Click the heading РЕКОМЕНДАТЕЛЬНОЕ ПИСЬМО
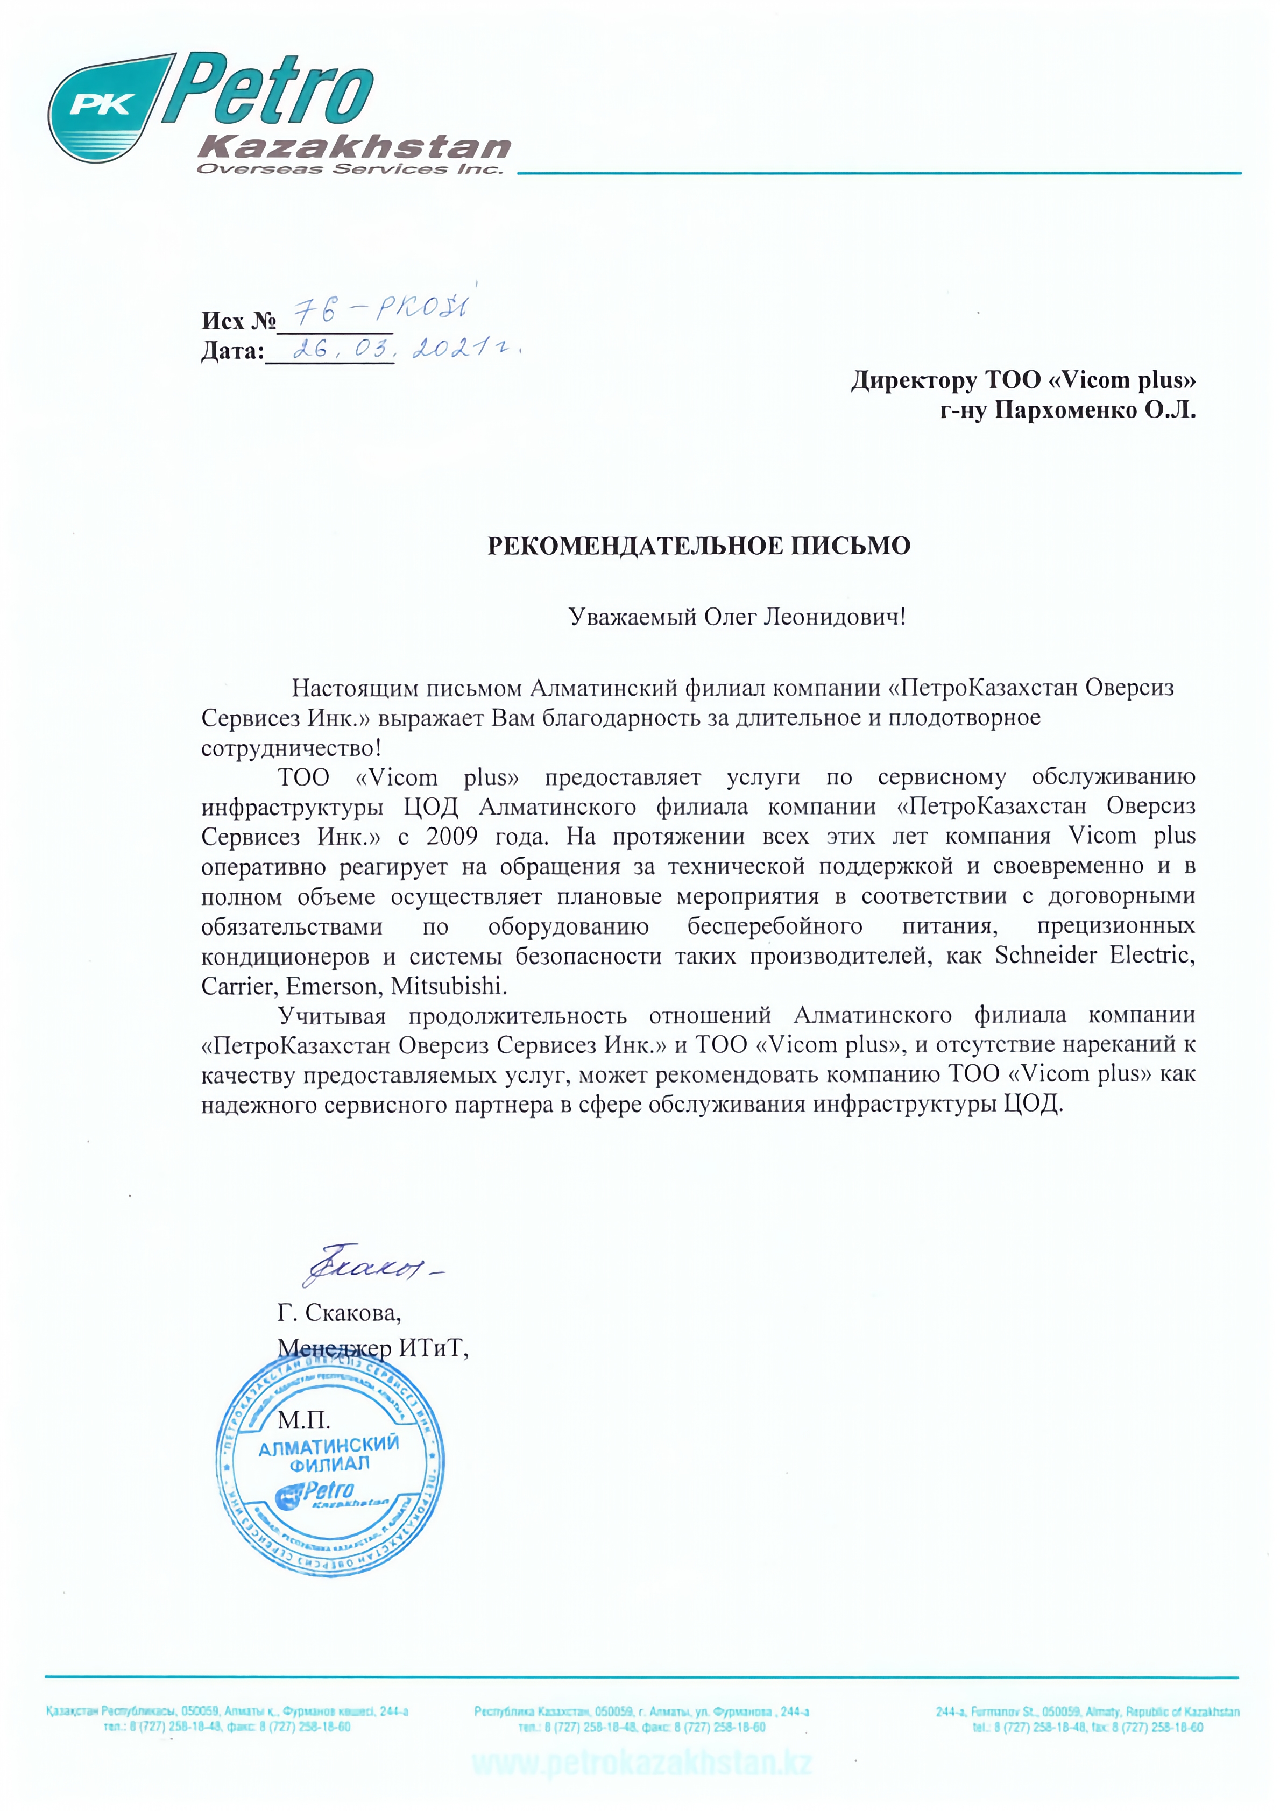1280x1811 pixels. click(699, 546)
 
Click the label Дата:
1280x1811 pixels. click(232, 351)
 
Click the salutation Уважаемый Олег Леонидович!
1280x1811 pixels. click(738, 617)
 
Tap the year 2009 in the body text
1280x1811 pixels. click(452, 836)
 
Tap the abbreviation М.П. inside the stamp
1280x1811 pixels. click(303, 1420)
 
